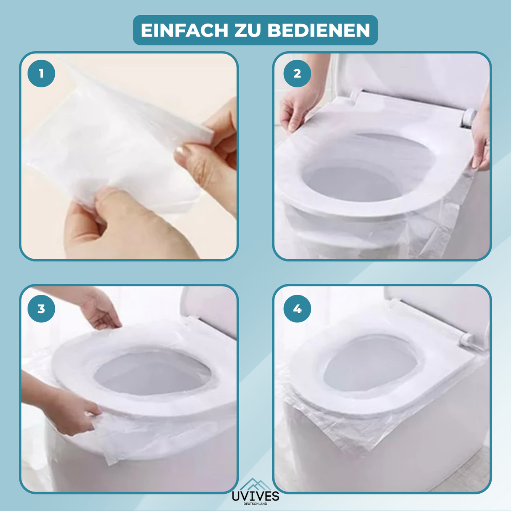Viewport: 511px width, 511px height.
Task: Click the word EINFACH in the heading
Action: [184, 30]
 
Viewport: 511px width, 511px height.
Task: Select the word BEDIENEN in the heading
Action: [319, 30]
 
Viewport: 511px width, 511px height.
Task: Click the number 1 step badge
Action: [41, 74]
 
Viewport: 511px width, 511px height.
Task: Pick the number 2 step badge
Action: [297, 74]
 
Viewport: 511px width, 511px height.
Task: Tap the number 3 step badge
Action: [41, 309]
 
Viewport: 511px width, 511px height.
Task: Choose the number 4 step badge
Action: [297, 309]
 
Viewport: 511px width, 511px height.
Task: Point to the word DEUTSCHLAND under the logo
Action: [255, 504]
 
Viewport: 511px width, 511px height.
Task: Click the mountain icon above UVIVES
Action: [255, 484]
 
